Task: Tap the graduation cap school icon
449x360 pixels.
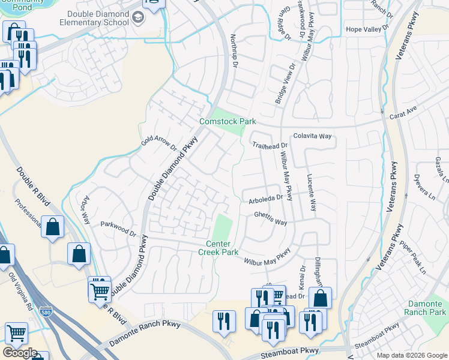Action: coord(139,18)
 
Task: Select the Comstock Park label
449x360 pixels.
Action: coord(228,121)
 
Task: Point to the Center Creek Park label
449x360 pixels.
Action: coord(218,248)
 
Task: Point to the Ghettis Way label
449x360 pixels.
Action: coord(270,218)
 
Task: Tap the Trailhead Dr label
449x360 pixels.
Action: coord(270,146)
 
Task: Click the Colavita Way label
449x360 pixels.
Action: coord(312,136)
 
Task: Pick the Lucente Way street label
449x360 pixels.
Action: coord(311,193)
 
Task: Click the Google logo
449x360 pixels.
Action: coord(19,353)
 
